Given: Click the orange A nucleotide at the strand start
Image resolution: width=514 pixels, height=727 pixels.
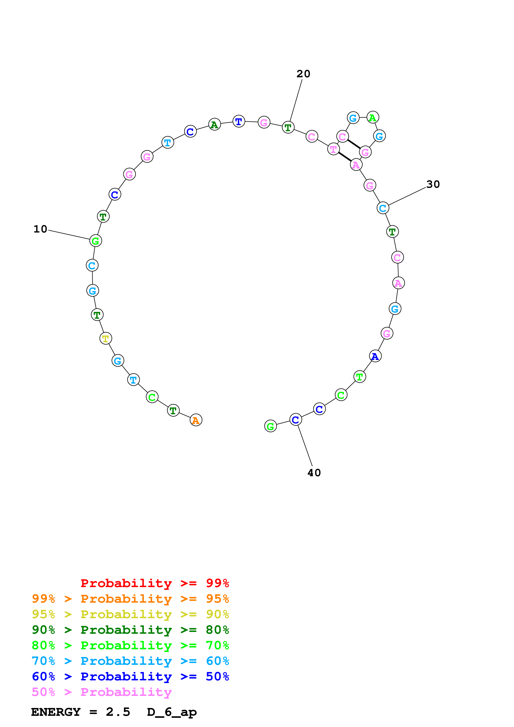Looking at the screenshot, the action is pyautogui.click(x=196, y=420).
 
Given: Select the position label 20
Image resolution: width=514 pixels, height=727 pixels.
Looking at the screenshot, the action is pyautogui.click(x=303, y=74).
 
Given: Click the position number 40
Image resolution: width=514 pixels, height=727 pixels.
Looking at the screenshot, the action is pyautogui.click(x=314, y=473).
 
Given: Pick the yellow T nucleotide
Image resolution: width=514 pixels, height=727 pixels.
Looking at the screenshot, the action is pyautogui.click(x=106, y=338).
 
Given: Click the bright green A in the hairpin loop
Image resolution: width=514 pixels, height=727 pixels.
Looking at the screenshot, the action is pyautogui.click(x=373, y=118).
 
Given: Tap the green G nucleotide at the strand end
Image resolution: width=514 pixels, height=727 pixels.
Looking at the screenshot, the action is pyautogui.click(x=270, y=426).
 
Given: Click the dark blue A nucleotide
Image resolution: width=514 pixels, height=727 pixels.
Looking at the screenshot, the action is pyautogui.click(x=375, y=356).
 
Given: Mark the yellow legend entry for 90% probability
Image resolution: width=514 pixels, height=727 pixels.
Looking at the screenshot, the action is pyautogui.click(x=130, y=614).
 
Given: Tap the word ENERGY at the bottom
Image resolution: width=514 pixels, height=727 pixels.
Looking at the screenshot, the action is pyautogui.click(x=56, y=712).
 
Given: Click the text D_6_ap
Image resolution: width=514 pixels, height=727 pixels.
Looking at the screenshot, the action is pyautogui.click(x=172, y=712).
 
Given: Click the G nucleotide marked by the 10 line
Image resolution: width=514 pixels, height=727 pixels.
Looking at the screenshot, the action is pyautogui.click(x=96, y=241).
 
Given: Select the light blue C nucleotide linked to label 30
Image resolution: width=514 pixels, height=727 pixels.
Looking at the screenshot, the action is pyautogui.click(x=383, y=208).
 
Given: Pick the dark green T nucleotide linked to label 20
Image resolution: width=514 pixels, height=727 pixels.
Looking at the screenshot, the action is pyautogui.click(x=288, y=127).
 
